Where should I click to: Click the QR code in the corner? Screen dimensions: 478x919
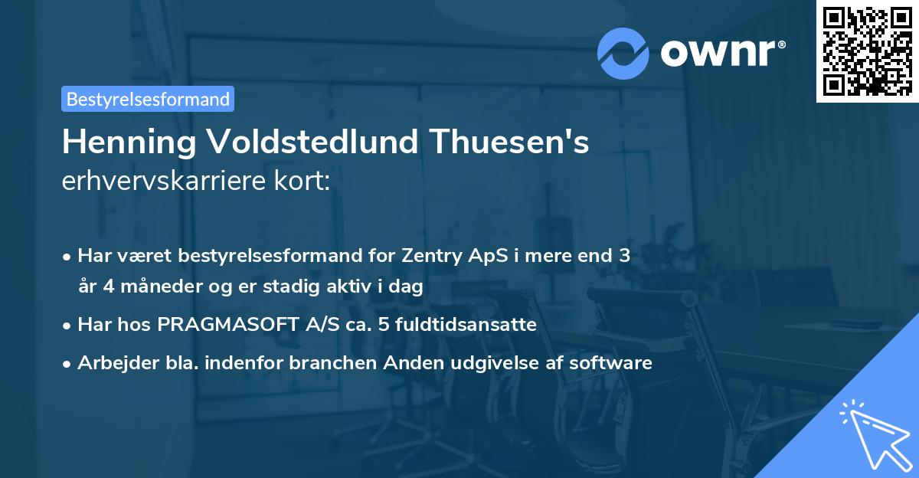(867, 51)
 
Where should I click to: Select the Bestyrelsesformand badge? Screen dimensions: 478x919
(148, 99)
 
